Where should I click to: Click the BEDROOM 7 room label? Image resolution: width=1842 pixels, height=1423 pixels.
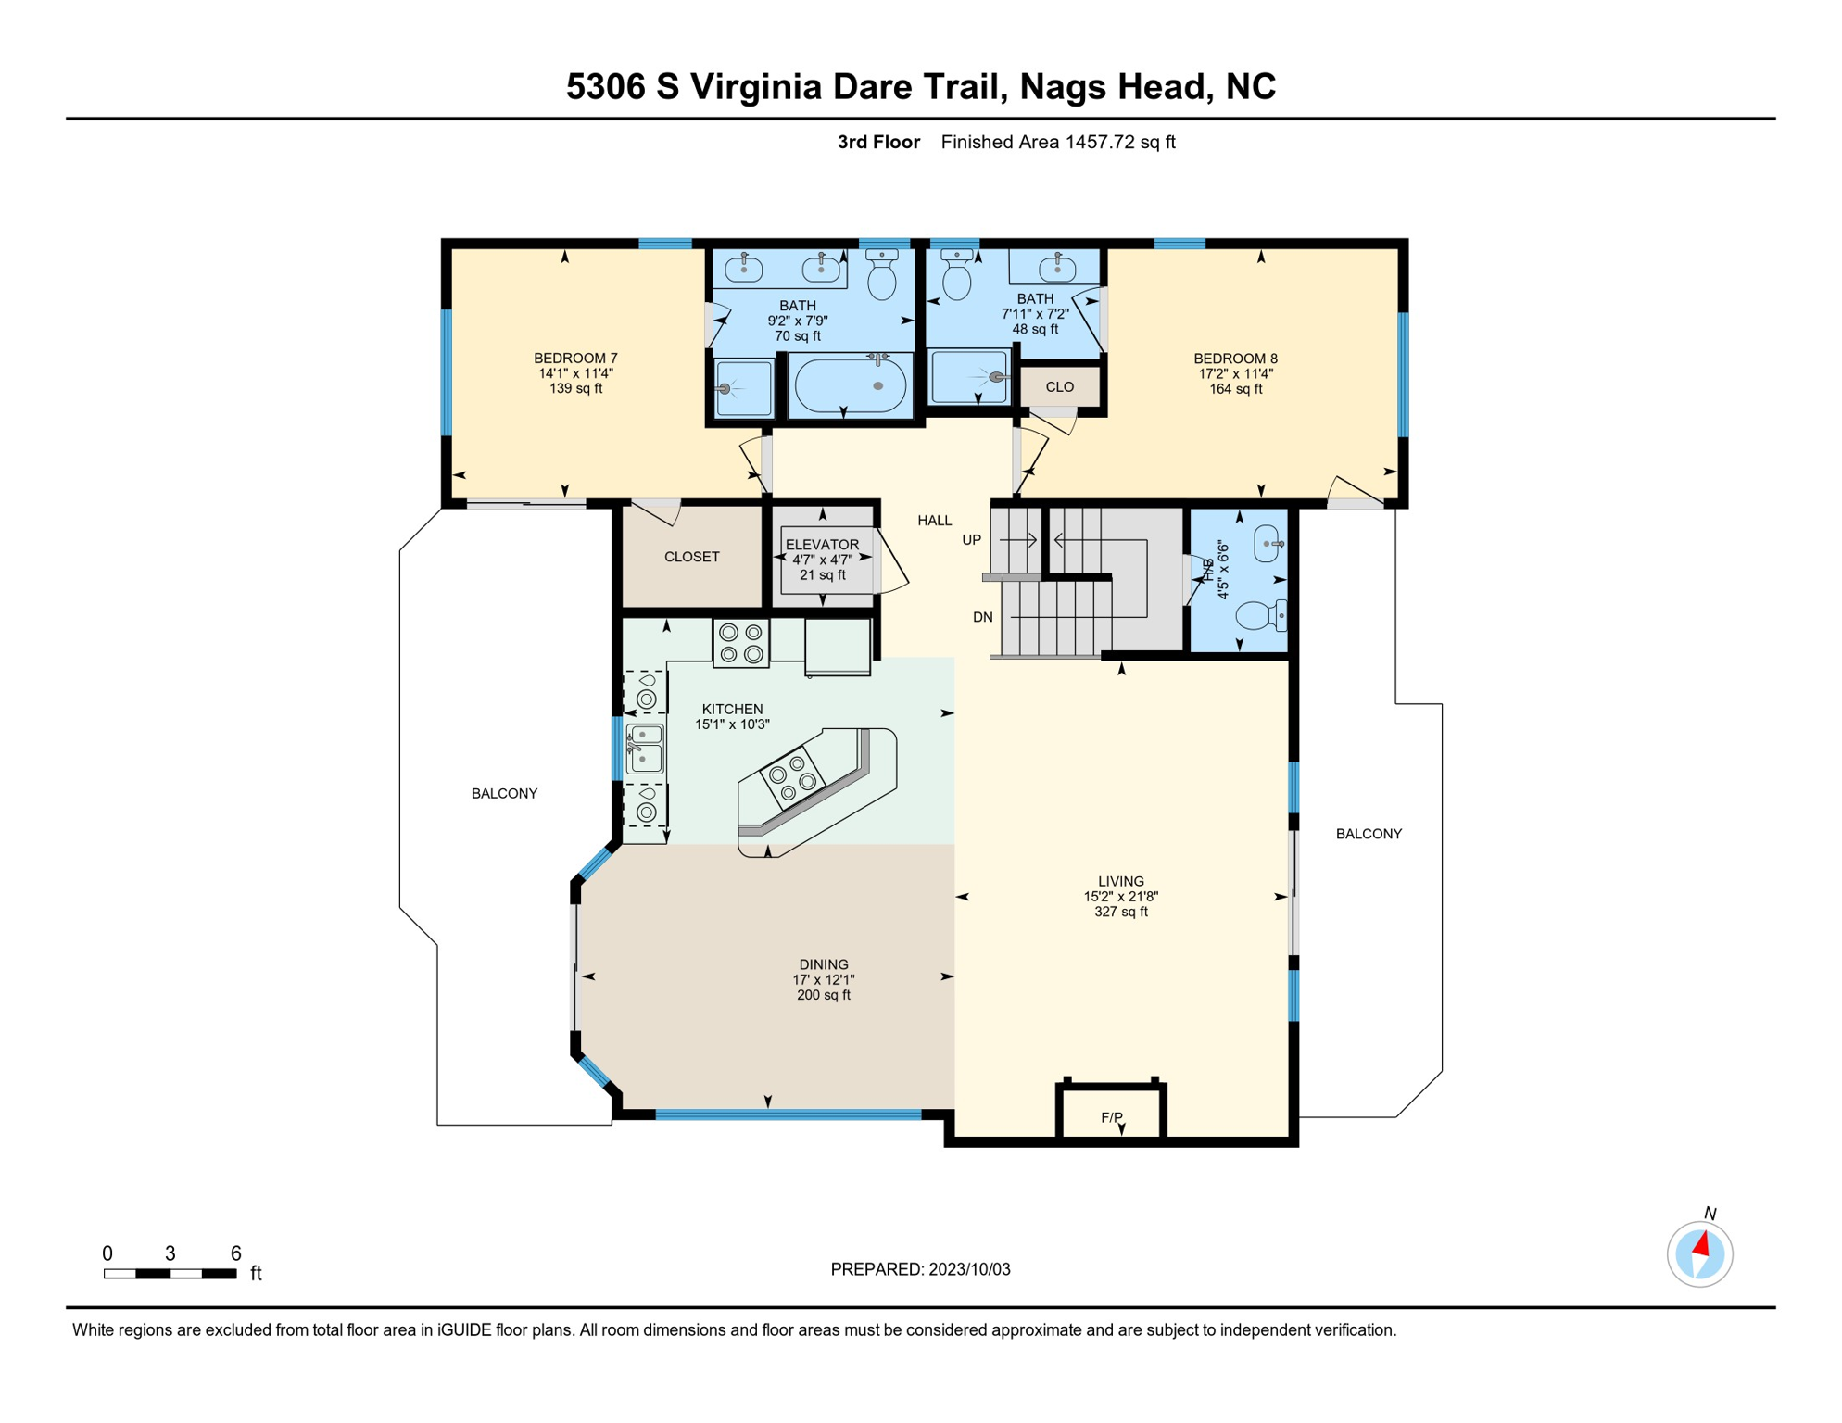pyautogui.click(x=575, y=359)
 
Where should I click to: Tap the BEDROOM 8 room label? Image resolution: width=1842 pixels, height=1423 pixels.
pyautogui.click(x=1235, y=359)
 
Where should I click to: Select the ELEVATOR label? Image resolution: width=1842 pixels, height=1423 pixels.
pyautogui.click(x=822, y=545)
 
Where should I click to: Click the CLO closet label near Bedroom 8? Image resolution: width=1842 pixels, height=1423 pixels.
pyautogui.click(x=1060, y=387)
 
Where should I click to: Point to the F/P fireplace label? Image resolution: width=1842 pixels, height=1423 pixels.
pyautogui.click(x=1112, y=1117)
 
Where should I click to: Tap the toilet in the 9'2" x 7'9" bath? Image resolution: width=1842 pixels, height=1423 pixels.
pyautogui.click(x=882, y=274)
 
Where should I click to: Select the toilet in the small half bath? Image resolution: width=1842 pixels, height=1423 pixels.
pyautogui.click(x=1261, y=615)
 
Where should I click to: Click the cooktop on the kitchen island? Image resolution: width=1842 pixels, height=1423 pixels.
pyautogui.click(x=792, y=777)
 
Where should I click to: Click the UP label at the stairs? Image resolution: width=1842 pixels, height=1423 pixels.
pyautogui.click(x=971, y=540)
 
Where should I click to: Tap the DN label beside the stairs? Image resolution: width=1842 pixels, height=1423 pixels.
pyautogui.click(x=983, y=617)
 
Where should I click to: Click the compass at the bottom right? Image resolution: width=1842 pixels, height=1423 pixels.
pyautogui.click(x=1700, y=1254)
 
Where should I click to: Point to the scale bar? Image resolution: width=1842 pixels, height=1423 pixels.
pyautogui.click(x=170, y=1274)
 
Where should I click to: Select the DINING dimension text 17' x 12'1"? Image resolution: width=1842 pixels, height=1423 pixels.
pyautogui.click(x=823, y=980)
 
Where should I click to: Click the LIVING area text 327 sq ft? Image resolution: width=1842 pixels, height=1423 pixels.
pyautogui.click(x=1121, y=912)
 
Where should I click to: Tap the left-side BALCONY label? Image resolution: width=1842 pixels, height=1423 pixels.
pyautogui.click(x=504, y=794)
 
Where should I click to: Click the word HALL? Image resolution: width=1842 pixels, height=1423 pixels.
pyautogui.click(x=934, y=521)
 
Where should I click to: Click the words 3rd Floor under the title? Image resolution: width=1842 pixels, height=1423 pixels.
pyautogui.click(x=878, y=142)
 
